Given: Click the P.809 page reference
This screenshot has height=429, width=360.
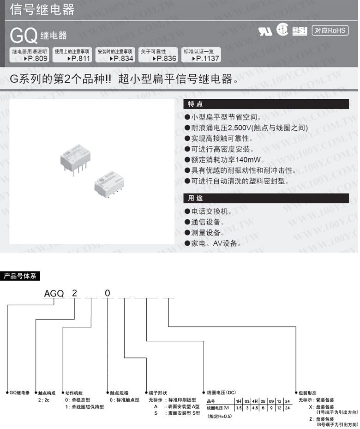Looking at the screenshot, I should (x=37, y=59).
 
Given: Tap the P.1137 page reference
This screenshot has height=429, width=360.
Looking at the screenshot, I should (x=206, y=59).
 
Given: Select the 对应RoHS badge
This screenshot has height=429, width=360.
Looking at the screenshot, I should (x=330, y=30).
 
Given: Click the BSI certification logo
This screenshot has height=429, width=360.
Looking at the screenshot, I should (x=300, y=31).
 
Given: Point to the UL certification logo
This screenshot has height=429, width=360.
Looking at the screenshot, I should (x=265, y=31).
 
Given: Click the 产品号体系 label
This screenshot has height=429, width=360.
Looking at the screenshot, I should (x=22, y=276).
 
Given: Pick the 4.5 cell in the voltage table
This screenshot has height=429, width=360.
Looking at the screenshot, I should (x=254, y=408).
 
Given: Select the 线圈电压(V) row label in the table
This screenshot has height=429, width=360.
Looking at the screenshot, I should (x=218, y=408).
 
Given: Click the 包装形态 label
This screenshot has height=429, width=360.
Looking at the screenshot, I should (x=309, y=393).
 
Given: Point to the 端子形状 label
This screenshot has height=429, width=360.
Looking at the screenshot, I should (x=157, y=393).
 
